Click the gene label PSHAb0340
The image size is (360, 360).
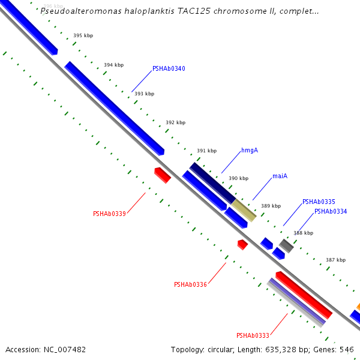[x=169, y=69]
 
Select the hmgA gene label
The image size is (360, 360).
[x=250, y=151]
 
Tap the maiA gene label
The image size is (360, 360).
[x=280, y=176]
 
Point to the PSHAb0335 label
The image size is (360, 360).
[x=319, y=202]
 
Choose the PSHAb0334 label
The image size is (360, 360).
[x=331, y=212]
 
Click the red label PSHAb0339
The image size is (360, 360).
[x=109, y=214]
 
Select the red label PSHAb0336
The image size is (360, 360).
[x=190, y=284]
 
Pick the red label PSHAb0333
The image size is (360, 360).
[x=253, y=336]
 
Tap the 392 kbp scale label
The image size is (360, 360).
[x=175, y=123]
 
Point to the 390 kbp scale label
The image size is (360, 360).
[x=238, y=179]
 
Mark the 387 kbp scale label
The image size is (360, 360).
[x=335, y=260]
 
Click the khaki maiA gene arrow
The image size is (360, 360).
[x=244, y=210]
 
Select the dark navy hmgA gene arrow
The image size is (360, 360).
[x=212, y=182]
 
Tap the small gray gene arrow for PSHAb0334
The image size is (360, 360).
[x=286, y=245]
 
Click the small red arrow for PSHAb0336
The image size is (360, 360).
[x=242, y=244]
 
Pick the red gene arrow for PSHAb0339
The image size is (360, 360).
[x=163, y=175]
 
